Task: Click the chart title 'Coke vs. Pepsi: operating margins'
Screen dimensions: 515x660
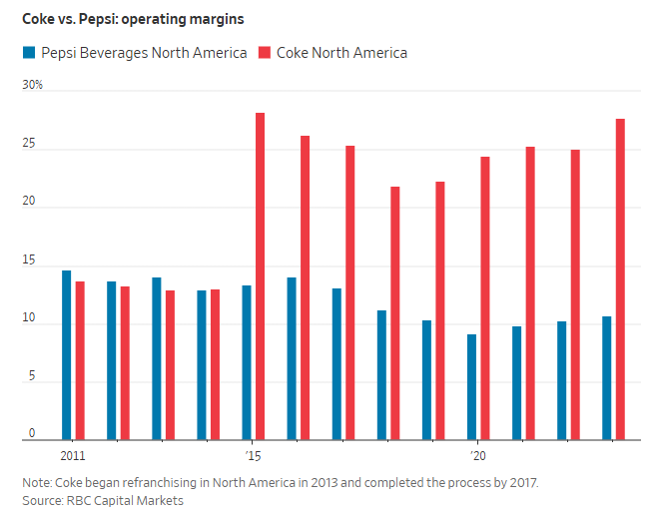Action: (x=133, y=19)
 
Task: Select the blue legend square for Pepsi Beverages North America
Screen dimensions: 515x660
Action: (x=29, y=53)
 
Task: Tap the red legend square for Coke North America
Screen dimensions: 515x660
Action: (x=265, y=53)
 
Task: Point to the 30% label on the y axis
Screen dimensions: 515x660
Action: (x=33, y=86)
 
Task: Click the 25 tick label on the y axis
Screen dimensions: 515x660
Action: (x=30, y=145)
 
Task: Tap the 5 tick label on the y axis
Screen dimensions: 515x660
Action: (x=32, y=377)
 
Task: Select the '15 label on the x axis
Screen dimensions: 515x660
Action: (x=254, y=454)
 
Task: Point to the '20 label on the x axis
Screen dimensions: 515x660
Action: (x=477, y=454)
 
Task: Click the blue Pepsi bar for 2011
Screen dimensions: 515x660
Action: (x=66, y=354)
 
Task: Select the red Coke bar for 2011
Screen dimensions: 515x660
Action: (x=80, y=359)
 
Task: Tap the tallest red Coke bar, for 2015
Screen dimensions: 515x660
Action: (x=261, y=275)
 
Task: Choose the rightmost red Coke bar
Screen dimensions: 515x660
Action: (x=620, y=278)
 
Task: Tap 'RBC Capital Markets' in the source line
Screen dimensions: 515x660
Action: (x=127, y=500)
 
